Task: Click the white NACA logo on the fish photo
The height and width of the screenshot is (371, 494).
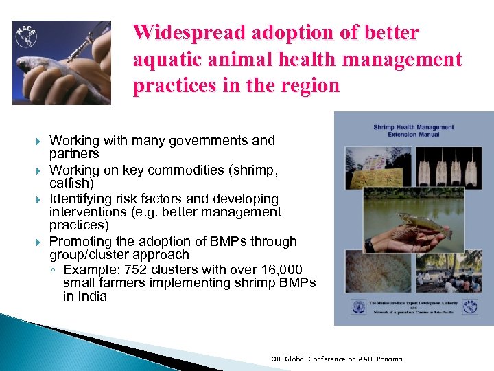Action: [26, 38]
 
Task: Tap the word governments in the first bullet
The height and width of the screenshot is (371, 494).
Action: [187, 141]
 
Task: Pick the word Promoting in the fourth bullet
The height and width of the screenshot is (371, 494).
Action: [78, 241]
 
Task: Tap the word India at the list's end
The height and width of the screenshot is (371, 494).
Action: [92, 296]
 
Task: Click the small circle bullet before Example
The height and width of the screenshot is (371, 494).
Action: [54, 270]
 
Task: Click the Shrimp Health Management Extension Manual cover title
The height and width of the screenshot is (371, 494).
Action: [413, 131]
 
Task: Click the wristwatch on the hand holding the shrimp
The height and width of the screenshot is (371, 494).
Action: [370, 245]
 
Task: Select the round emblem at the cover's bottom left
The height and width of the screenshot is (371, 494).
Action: [357, 306]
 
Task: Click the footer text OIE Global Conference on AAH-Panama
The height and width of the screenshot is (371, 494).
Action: [336, 359]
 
